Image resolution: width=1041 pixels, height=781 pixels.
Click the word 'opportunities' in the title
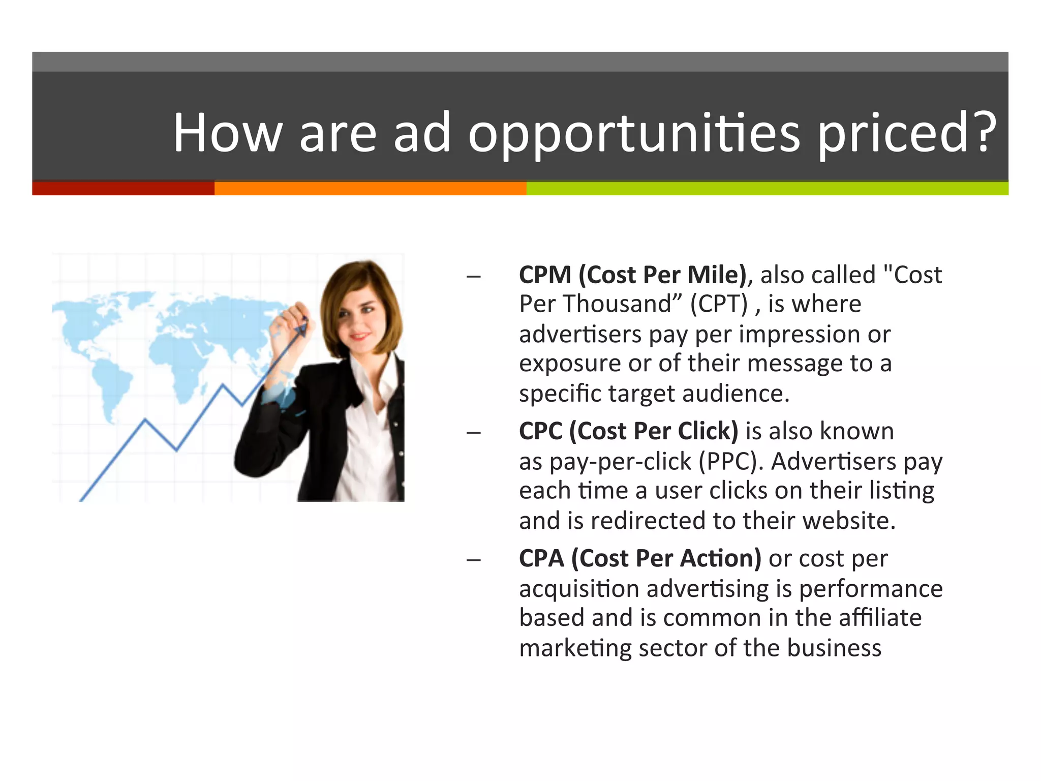[x=634, y=133]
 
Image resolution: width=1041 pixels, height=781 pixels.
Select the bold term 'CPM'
[x=545, y=275]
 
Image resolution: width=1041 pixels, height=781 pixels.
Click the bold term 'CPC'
[x=540, y=431]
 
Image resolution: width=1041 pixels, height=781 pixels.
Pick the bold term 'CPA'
[x=541, y=558]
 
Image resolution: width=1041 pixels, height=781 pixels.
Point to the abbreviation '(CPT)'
[x=719, y=304]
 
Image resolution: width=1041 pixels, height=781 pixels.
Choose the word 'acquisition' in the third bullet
[x=579, y=589]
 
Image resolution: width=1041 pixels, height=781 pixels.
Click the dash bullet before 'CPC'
[x=473, y=433]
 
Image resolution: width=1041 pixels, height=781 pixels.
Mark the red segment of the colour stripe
[x=123, y=188]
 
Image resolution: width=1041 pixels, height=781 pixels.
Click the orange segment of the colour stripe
[x=370, y=188]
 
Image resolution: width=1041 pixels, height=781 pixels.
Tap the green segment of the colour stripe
[x=767, y=188]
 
